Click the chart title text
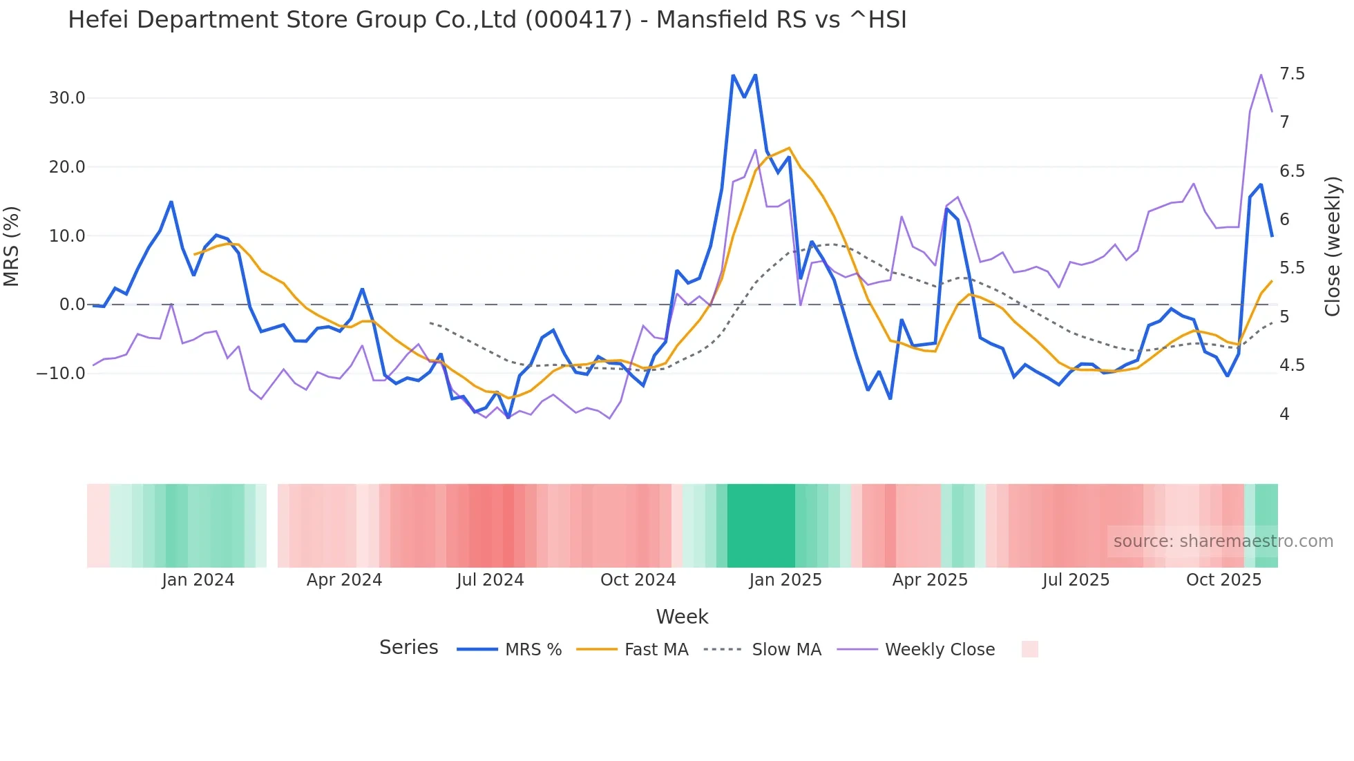click(x=487, y=20)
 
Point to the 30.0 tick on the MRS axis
click(x=67, y=98)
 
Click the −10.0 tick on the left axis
click(x=61, y=374)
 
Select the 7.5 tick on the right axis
click(x=1292, y=74)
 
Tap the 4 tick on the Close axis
click(x=1284, y=414)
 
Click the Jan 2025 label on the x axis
click(x=785, y=580)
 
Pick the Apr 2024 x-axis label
click(x=344, y=580)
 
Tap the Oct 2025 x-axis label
click(x=1223, y=580)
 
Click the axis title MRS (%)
click(x=12, y=246)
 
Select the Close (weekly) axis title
click(x=1333, y=246)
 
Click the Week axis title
click(x=682, y=617)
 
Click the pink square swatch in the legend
click(x=1029, y=649)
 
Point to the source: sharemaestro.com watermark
click(x=1223, y=541)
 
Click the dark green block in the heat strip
click(x=761, y=526)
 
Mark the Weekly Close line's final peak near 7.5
click(x=1261, y=75)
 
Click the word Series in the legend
click(x=408, y=648)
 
